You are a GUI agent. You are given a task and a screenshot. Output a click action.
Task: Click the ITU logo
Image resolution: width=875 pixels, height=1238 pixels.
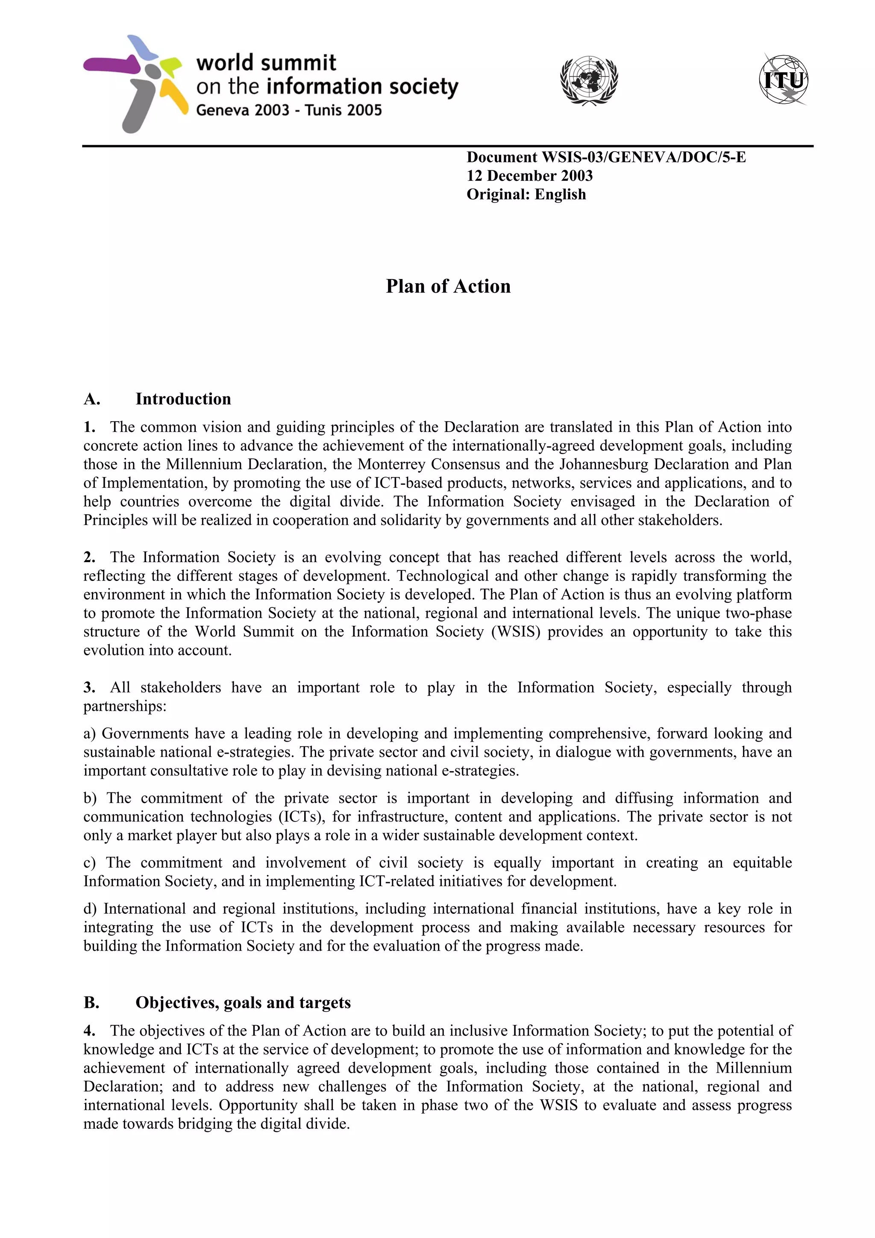click(783, 80)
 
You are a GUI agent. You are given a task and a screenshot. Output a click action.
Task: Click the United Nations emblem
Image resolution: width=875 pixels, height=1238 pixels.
click(589, 81)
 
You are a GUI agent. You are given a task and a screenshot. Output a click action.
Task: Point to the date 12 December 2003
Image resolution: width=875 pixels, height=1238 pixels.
click(529, 176)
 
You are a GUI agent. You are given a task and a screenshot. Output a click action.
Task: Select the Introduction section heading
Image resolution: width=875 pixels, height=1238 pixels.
click(183, 399)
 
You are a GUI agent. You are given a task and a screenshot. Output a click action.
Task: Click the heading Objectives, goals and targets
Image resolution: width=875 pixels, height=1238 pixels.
click(243, 1002)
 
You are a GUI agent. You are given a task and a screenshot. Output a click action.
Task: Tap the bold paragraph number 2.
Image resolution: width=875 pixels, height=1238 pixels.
click(89, 557)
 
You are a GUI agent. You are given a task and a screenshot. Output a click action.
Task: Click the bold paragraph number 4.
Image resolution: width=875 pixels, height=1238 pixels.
click(89, 1030)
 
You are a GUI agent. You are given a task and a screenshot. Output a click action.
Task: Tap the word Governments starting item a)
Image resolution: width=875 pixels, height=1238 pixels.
click(145, 733)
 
